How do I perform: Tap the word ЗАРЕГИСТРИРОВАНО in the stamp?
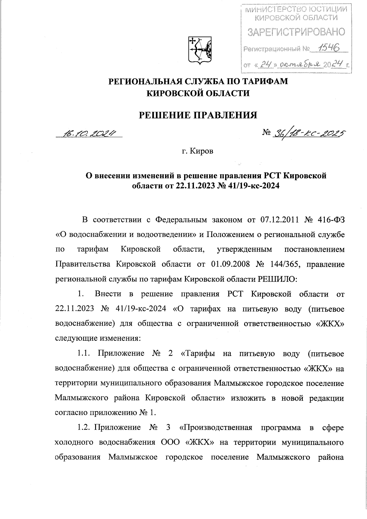[296, 32]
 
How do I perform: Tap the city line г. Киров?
[198, 151]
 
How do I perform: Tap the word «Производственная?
[216, 427]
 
